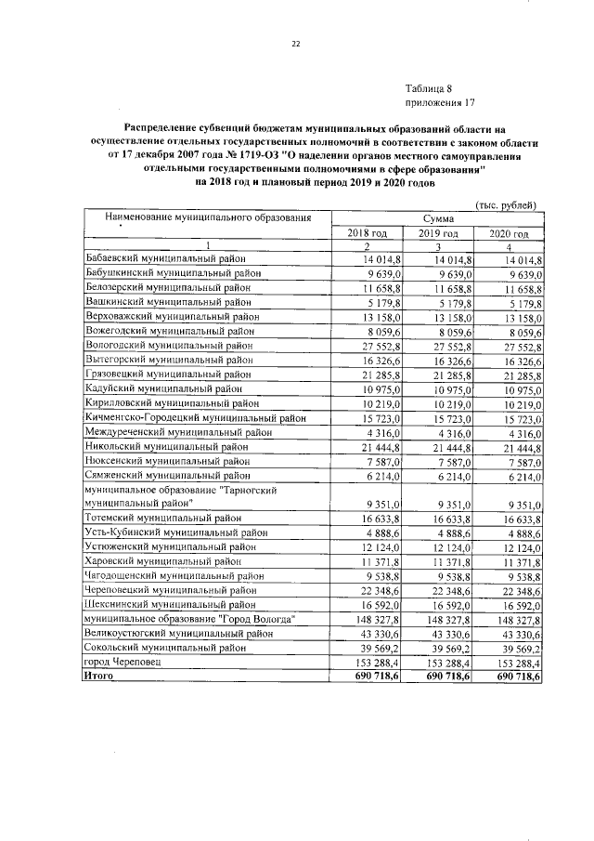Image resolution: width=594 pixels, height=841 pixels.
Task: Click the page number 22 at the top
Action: click(x=297, y=44)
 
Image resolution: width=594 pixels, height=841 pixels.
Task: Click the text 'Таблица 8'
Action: click(x=429, y=87)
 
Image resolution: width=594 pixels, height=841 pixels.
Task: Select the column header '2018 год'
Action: click(x=368, y=232)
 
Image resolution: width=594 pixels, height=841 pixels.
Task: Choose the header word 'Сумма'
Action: click(x=437, y=217)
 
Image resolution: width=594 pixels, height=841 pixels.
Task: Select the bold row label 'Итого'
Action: click(x=99, y=677)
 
